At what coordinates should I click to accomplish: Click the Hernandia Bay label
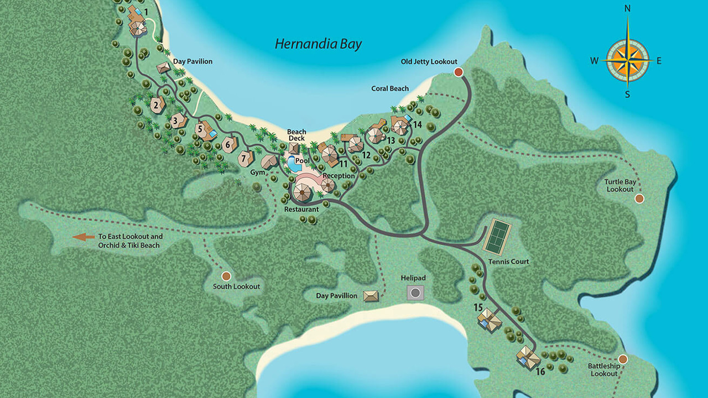click(319, 44)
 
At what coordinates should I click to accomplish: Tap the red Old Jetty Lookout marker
click(458, 72)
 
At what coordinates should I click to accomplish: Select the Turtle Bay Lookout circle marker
click(639, 198)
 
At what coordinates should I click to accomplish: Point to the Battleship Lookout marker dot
click(623, 359)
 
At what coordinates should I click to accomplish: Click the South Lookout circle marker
click(226, 276)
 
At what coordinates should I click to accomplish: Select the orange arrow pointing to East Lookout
click(84, 237)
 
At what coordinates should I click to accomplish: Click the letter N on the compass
click(627, 8)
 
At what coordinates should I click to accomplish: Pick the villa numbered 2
click(157, 104)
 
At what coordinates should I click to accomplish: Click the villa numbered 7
click(245, 159)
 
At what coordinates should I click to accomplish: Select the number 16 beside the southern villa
click(540, 371)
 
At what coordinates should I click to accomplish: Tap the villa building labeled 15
click(490, 320)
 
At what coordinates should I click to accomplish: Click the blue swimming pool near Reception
click(291, 164)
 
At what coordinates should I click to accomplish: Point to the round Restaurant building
click(302, 193)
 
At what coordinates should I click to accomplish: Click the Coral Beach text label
click(390, 88)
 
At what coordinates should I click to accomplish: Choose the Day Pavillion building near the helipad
click(371, 296)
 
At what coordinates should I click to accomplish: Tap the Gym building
click(269, 162)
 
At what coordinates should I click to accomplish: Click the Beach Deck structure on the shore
click(294, 148)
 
